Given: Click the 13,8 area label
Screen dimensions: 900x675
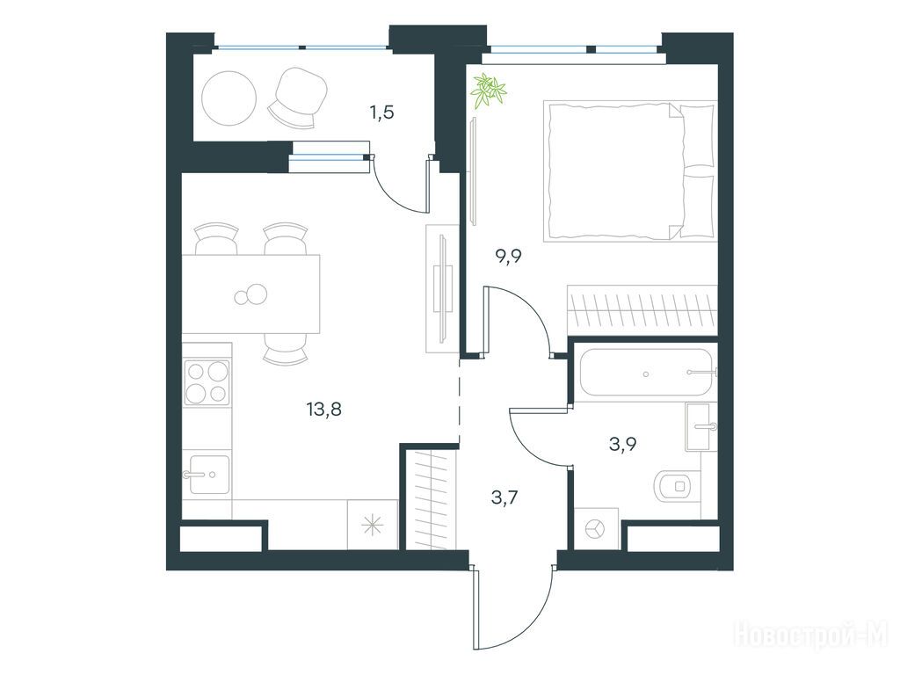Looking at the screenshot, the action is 324,410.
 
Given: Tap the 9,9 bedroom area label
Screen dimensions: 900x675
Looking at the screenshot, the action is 509,256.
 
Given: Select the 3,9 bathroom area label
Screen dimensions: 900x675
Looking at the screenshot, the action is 623,444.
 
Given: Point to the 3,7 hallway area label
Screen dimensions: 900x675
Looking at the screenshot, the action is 505,497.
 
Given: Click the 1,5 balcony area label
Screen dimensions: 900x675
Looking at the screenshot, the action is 381,112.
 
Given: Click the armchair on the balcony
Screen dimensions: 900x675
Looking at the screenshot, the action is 299,96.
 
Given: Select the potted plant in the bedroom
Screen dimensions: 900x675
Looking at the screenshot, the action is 488,91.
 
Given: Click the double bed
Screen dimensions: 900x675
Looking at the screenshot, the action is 629,171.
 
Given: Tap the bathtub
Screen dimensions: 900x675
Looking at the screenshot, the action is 646,373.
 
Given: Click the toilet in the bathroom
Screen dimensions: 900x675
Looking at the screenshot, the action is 678,486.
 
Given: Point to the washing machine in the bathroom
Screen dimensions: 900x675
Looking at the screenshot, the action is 597,528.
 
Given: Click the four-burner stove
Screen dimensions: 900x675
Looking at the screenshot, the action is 207,381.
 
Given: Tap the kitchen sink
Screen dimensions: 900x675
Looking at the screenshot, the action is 209,474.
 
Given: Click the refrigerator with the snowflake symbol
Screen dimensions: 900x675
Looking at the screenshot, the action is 373,525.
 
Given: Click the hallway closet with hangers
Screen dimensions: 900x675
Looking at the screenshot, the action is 431,499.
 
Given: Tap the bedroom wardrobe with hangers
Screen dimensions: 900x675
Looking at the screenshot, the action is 642,310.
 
